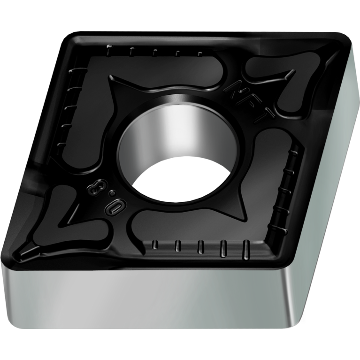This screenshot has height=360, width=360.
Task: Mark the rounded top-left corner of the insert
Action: pos(70,38)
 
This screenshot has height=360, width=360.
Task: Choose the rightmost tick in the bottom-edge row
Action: pos(245,249)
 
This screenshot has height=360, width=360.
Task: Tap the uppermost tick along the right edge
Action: pos(294,149)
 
